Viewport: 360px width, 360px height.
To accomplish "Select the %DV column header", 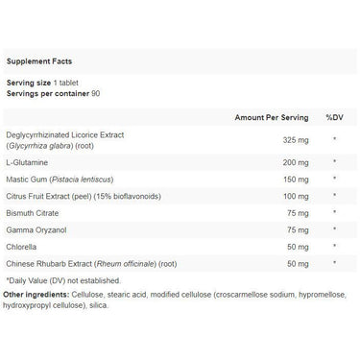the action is pos(333,117).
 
